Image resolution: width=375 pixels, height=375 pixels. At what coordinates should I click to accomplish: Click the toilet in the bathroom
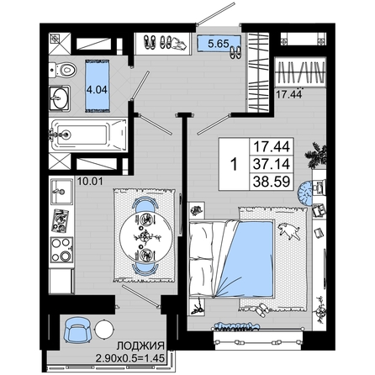click(62, 70)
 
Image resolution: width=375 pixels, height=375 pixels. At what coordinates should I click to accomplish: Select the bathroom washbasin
click(60, 98)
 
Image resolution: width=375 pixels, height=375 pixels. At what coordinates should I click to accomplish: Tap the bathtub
click(88, 135)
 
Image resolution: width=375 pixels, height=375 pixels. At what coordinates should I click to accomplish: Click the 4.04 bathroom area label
click(97, 90)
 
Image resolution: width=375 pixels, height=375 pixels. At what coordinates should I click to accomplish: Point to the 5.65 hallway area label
click(219, 44)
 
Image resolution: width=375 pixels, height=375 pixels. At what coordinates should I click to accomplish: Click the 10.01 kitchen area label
click(90, 182)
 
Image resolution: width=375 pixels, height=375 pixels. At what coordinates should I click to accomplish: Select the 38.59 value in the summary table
click(272, 182)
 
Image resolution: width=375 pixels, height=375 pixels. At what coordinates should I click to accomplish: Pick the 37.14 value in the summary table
click(272, 164)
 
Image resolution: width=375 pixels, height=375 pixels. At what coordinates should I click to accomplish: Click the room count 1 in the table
click(234, 164)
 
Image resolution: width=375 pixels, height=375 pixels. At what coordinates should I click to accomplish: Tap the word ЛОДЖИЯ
click(140, 346)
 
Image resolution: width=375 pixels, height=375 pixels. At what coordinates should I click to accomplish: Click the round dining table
click(145, 237)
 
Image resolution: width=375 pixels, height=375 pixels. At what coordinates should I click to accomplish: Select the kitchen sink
click(61, 192)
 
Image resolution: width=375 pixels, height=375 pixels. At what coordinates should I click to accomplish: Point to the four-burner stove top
click(61, 250)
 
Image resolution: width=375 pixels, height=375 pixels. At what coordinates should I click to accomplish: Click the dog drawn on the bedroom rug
click(289, 230)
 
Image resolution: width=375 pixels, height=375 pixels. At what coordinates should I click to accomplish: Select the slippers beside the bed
click(262, 309)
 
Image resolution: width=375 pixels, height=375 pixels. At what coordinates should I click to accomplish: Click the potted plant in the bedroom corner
click(316, 156)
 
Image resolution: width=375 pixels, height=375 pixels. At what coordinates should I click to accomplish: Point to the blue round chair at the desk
click(305, 193)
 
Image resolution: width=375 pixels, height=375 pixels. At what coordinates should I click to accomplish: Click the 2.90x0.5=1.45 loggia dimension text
click(129, 358)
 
